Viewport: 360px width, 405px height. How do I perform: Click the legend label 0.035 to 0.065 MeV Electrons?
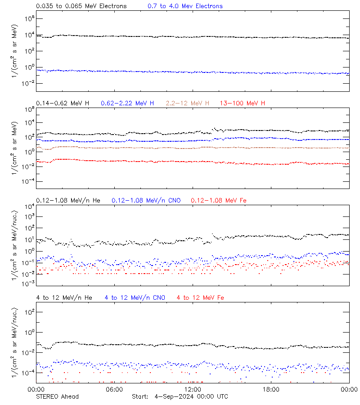pyautogui.click(x=81, y=6)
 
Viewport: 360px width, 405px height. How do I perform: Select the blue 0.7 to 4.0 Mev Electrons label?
pyautogui.click(x=185, y=6)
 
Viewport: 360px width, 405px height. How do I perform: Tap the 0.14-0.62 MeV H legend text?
pyautogui.click(x=63, y=103)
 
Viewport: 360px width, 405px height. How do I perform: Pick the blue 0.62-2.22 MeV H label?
pyautogui.click(x=127, y=103)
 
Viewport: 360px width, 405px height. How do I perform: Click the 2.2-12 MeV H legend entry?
pyautogui.click(x=188, y=103)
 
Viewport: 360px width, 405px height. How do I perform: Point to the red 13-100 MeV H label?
pyautogui.click(x=243, y=103)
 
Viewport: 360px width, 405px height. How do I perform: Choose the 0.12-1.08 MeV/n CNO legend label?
pyautogui.click(x=146, y=200)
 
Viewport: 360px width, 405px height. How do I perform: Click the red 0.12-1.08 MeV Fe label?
pyautogui.click(x=219, y=200)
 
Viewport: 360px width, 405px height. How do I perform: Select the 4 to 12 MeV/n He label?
pyautogui.click(x=64, y=297)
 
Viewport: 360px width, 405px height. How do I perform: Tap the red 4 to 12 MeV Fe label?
pyautogui.click(x=201, y=297)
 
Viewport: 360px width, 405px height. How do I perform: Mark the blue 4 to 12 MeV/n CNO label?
pyautogui.click(x=135, y=297)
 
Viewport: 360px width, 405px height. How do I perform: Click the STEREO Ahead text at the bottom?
pyautogui.click(x=57, y=396)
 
